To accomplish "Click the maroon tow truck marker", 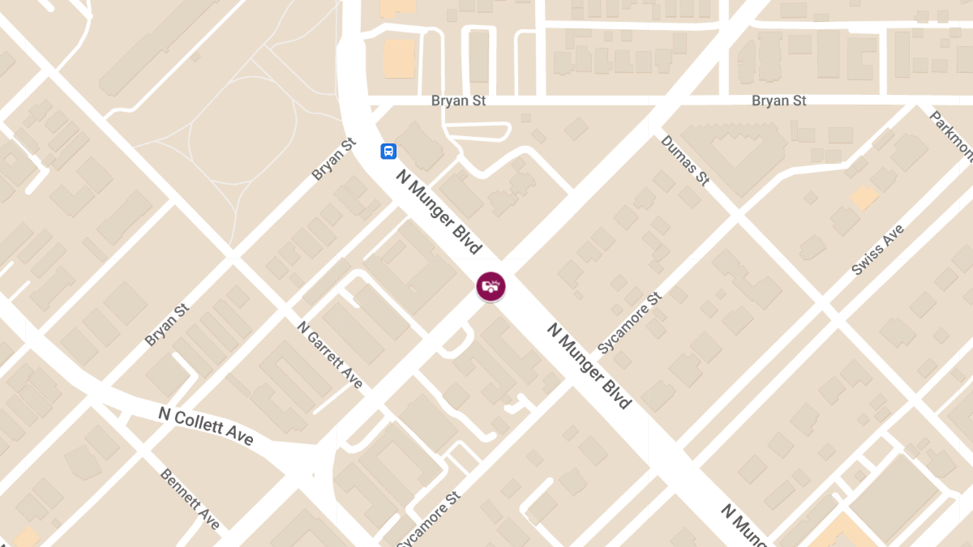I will click(x=491, y=286).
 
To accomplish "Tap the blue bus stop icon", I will click(x=389, y=151).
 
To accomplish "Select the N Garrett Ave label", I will click(x=330, y=355).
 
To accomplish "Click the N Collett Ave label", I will click(x=206, y=426).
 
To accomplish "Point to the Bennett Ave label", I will click(x=190, y=498).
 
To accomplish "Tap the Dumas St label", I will click(x=685, y=160).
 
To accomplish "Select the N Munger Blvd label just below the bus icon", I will click(x=439, y=212).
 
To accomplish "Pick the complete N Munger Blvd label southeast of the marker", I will click(x=589, y=365).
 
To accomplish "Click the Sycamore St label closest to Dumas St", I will click(x=630, y=323).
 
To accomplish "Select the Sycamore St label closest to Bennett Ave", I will click(x=429, y=519).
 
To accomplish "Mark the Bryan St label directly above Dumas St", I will click(x=778, y=100).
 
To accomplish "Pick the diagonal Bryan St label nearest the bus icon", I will click(x=333, y=160).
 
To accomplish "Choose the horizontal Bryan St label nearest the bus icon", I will click(x=457, y=100).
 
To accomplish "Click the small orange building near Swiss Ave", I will click(x=864, y=197).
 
